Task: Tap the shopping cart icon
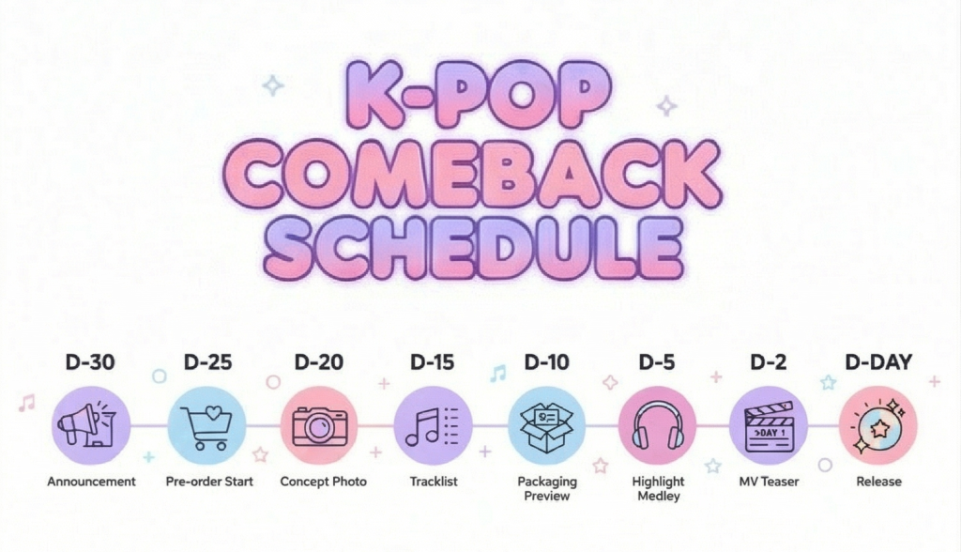point(206,425)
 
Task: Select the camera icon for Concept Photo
point(320,425)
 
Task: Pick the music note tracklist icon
point(433,425)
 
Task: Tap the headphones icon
point(658,425)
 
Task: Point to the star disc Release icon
point(877,425)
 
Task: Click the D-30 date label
point(90,361)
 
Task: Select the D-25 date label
point(207,361)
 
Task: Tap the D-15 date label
point(432,361)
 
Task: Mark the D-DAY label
point(878,361)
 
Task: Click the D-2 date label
point(768,361)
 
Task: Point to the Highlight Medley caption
point(658,488)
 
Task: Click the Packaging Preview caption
point(547,488)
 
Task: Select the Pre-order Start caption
point(209,482)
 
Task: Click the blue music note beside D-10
point(498,373)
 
